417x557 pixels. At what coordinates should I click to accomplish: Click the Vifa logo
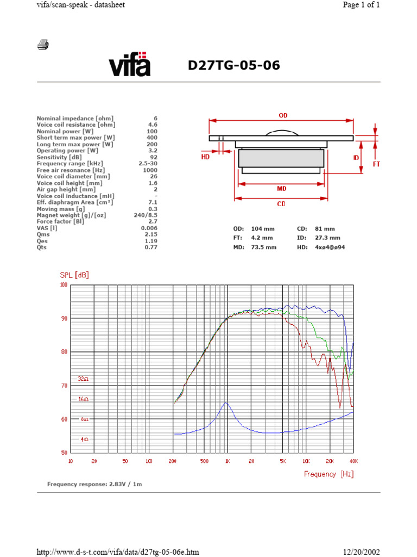(x=129, y=64)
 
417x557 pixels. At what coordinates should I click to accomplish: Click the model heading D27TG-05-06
(x=234, y=66)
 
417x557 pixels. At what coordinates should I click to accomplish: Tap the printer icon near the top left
(x=43, y=45)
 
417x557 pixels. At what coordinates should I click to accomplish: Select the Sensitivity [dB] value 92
(x=153, y=157)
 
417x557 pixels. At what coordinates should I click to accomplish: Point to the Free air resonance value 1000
(x=150, y=170)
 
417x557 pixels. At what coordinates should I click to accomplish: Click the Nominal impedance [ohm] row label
(x=75, y=118)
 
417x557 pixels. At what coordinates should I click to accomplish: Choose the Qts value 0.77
(x=150, y=247)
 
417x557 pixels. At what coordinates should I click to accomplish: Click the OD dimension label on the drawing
(x=283, y=115)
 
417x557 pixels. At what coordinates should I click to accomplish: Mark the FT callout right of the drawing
(x=376, y=162)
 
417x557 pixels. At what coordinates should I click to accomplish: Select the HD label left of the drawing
(x=205, y=156)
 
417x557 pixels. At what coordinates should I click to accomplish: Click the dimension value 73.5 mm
(x=264, y=247)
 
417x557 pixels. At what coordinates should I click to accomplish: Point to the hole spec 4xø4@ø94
(x=330, y=247)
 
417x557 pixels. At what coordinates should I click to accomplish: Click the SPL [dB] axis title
(x=74, y=275)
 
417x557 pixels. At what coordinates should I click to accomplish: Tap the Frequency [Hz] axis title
(x=328, y=474)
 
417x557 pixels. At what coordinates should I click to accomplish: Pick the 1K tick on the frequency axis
(x=228, y=461)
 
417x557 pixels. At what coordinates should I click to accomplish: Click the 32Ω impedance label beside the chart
(x=83, y=378)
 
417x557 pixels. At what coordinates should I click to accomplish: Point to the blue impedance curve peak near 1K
(x=226, y=403)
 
